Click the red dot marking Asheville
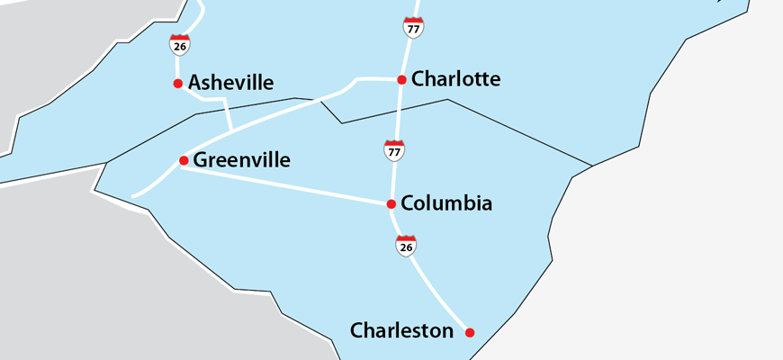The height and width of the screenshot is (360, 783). (177, 84)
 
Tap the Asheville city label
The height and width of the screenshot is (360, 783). (230, 83)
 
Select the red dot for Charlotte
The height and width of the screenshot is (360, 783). (401, 79)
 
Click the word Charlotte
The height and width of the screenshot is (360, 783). (455, 79)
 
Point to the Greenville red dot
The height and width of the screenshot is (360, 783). (184, 161)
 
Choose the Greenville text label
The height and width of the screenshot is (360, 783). (242, 160)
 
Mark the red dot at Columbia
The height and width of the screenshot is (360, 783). (391, 203)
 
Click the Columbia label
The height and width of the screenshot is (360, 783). (446, 203)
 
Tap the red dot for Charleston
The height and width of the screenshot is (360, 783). (469, 332)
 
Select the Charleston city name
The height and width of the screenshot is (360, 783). (401, 331)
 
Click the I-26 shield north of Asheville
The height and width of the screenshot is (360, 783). (178, 43)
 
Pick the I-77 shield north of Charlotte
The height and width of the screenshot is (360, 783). (413, 27)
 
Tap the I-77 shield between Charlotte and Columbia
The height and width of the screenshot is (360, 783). (393, 150)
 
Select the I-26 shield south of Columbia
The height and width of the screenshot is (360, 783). (406, 245)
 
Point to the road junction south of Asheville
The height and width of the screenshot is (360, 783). (231, 131)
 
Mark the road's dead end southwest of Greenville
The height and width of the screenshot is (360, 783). (133, 195)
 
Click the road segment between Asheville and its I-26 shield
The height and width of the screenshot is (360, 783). (177, 67)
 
